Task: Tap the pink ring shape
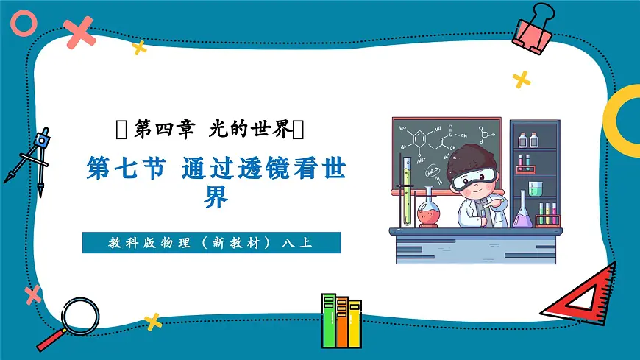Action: click(24, 24)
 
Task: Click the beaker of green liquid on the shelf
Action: click(534, 188)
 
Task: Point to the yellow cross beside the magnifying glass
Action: click(152, 321)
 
